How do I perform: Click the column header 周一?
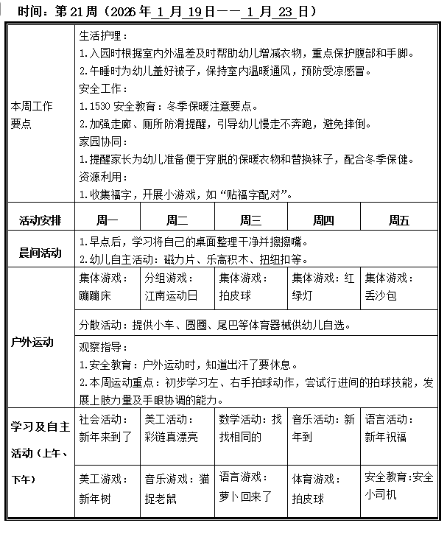(108, 220)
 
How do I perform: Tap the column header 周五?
(399, 220)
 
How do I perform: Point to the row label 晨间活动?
(41, 252)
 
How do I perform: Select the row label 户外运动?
(32, 343)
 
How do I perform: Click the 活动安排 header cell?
(41, 220)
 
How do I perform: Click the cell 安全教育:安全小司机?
(399, 486)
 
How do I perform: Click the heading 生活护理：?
(102, 36)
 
